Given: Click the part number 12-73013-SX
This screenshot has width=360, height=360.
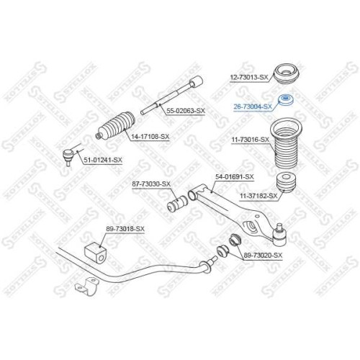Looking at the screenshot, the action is point(249,77).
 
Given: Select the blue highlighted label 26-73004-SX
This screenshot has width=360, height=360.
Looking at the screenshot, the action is point(253,107).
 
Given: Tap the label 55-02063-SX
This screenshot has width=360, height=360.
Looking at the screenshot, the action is point(186,111).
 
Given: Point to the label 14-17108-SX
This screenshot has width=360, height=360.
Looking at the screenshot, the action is point(150,137).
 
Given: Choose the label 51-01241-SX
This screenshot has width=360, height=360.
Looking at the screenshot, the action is point(103,160).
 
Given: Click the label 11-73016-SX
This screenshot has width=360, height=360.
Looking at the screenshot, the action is point(251,140).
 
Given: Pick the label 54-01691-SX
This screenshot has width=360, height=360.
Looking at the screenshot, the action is point(235,177).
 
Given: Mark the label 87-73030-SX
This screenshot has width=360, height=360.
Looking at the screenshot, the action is point(151,184).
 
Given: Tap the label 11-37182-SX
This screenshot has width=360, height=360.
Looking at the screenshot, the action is point(258,196).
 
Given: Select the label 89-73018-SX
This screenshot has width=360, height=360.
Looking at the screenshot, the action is point(125,229).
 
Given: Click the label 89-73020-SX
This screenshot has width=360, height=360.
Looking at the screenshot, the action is point(263,256).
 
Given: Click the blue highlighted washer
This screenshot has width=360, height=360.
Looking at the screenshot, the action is point(286,100).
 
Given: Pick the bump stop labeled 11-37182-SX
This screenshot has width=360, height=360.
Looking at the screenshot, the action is point(286,183).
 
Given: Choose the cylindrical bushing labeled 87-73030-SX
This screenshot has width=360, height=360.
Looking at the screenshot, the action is point(177,204).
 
